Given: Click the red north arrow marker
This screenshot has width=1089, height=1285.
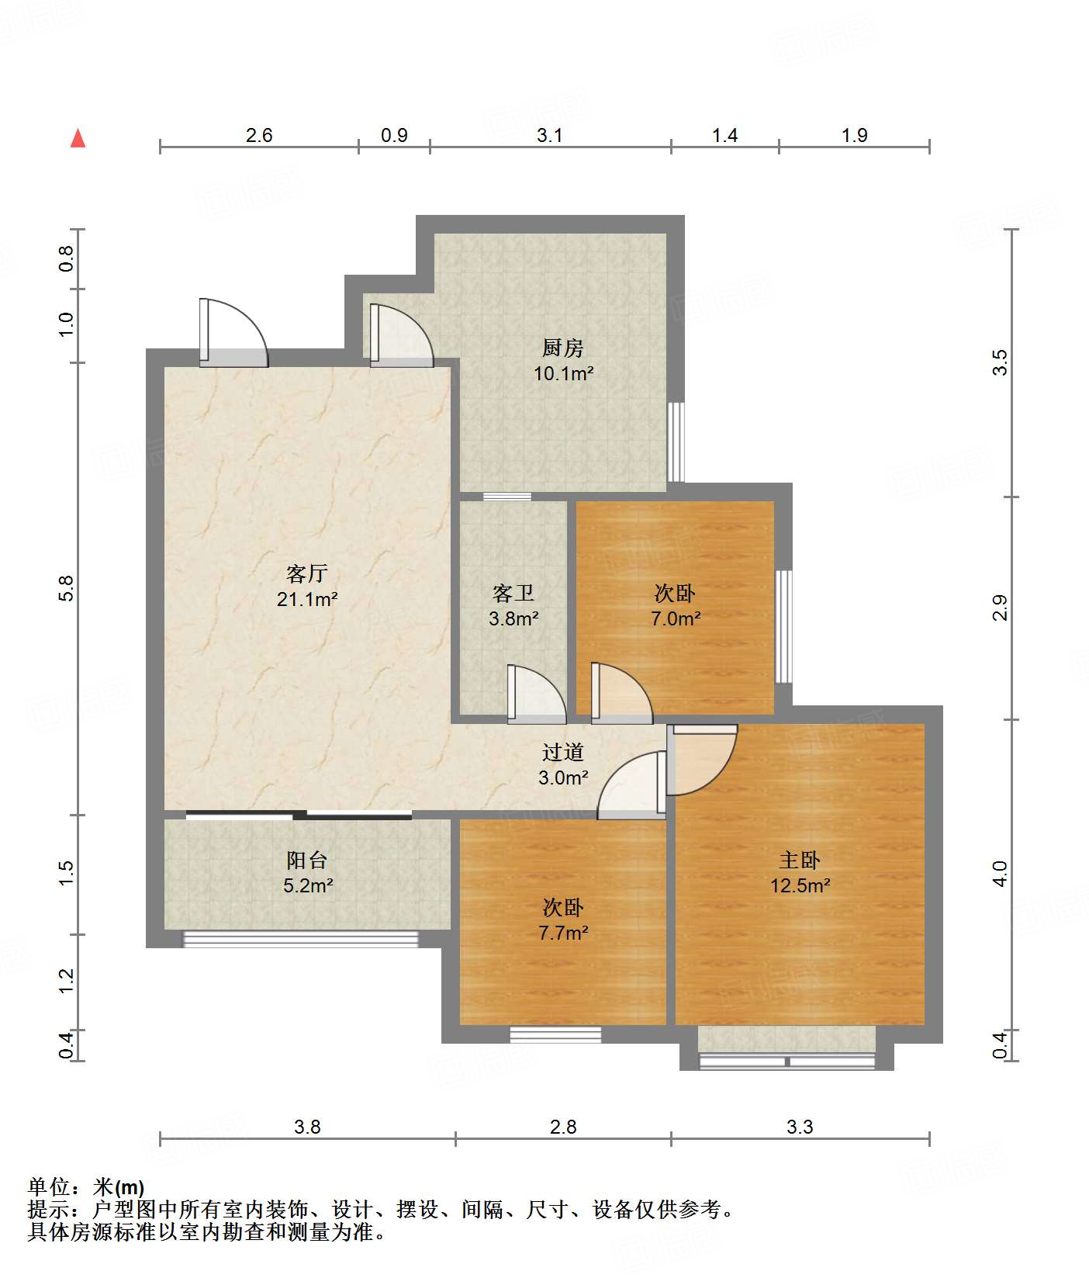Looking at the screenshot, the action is tap(78, 138).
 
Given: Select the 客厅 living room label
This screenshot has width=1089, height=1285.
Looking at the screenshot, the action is tap(307, 573).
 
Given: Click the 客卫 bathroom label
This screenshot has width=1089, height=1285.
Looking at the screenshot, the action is tap(513, 593).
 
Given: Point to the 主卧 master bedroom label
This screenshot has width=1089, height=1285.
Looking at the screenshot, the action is tap(800, 860).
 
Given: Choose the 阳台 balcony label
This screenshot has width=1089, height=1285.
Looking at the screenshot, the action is tap(307, 860).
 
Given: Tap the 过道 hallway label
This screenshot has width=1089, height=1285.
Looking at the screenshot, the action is tap(562, 751).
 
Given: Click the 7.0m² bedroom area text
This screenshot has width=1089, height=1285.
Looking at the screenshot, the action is tap(676, 618).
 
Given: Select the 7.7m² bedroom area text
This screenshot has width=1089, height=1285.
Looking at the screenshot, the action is tap(563, 933).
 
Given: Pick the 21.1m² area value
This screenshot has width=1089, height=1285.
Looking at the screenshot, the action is tap(307, 599).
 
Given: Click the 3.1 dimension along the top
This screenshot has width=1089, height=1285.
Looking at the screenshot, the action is tap(550, 135).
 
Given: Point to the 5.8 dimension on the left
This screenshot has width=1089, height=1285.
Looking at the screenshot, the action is tap(67, 587).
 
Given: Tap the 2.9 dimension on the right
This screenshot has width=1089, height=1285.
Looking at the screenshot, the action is tap(1001, 607).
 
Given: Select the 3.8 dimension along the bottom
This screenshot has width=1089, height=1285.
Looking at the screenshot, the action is tap(307, 1127).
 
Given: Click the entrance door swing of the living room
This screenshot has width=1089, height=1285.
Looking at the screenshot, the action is tap(233, 333).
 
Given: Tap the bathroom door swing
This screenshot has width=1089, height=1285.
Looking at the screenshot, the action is tap(537, 694).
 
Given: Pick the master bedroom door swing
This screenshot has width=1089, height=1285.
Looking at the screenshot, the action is tap(702, 760).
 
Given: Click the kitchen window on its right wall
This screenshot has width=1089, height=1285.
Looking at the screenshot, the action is tap(676, 442).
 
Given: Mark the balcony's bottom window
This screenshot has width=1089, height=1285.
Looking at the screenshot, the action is tap(300, 940).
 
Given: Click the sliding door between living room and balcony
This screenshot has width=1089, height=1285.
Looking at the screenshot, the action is tap(299, 815).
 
